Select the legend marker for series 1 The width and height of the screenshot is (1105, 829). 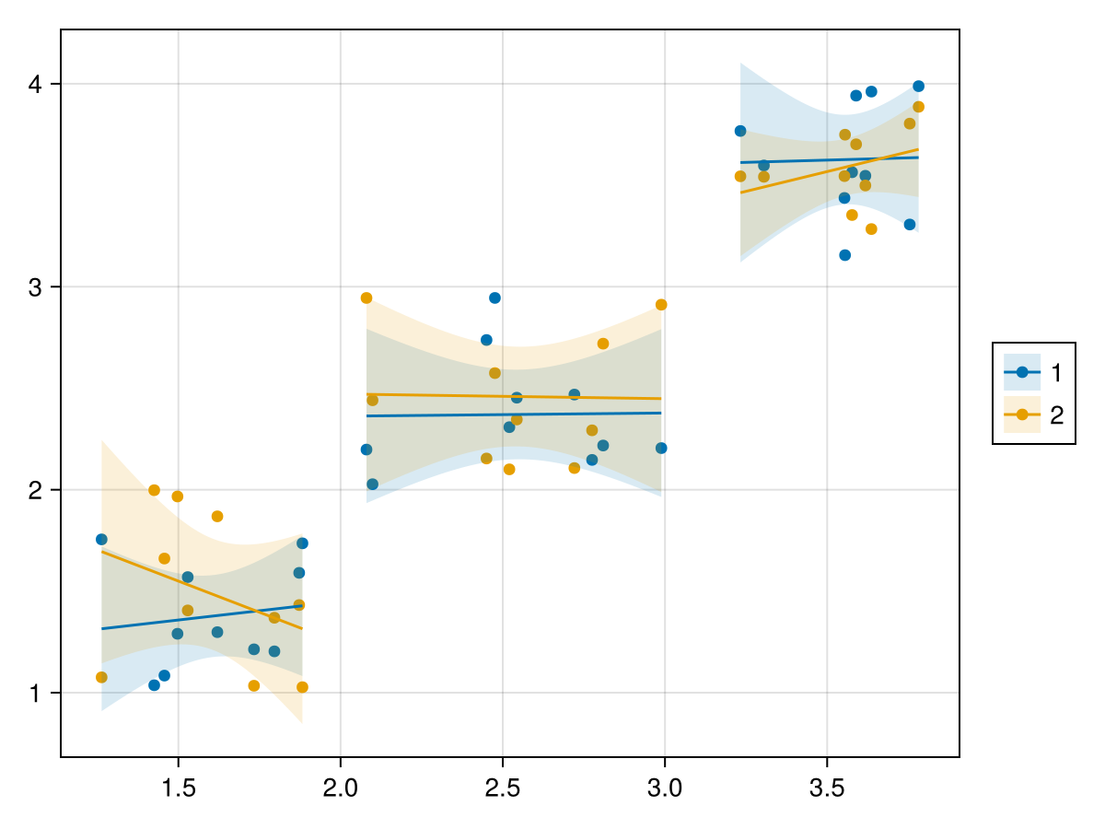[x=1022, y=372]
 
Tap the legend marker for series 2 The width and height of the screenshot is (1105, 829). [x=1022, y=414]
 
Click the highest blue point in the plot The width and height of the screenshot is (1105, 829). [x=918, y=87]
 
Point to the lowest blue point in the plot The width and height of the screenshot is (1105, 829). [x=154, y=685]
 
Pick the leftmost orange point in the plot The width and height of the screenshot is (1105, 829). [x=101, y=677]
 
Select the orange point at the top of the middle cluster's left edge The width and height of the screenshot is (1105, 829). [x=366, y=298]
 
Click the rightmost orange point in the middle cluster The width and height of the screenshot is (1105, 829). [x=661, y=305]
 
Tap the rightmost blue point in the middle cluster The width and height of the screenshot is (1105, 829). [x=661, y=448]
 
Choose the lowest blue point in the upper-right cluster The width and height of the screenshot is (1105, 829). [x=844, y=255]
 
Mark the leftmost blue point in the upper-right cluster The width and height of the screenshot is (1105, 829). [x=740, y=131]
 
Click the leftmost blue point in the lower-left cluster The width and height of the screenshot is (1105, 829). [x=101, y=539]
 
